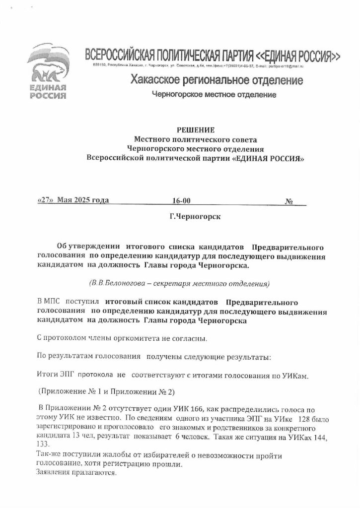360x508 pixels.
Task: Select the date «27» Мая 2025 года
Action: tap(73, 201)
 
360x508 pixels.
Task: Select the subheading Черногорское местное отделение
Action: tap(214, 94)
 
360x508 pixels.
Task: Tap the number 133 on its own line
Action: tap(44, 445)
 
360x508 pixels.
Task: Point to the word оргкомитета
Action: tap(127, 339)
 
